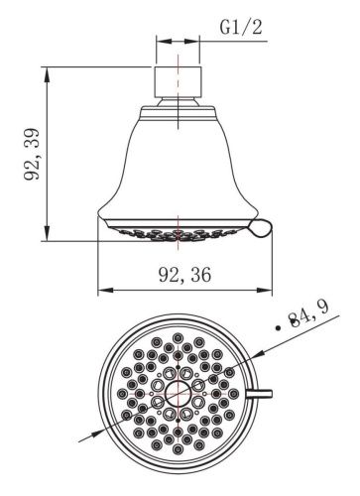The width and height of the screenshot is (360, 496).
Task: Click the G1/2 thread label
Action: coord(241,27)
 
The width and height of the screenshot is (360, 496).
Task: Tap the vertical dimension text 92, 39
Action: coord(32,154)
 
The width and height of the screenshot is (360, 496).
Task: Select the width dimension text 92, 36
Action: coord(184,275)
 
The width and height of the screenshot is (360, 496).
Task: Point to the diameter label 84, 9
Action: coord(308,314)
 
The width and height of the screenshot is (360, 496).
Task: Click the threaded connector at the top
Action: coord(178,82)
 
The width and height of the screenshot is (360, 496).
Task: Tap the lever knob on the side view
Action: coord(261,228)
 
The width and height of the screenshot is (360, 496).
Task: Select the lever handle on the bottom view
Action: coord(260,394)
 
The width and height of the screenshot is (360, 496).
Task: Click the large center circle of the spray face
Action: coord(179,394)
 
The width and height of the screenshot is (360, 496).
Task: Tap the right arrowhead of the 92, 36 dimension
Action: coord(265,290)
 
